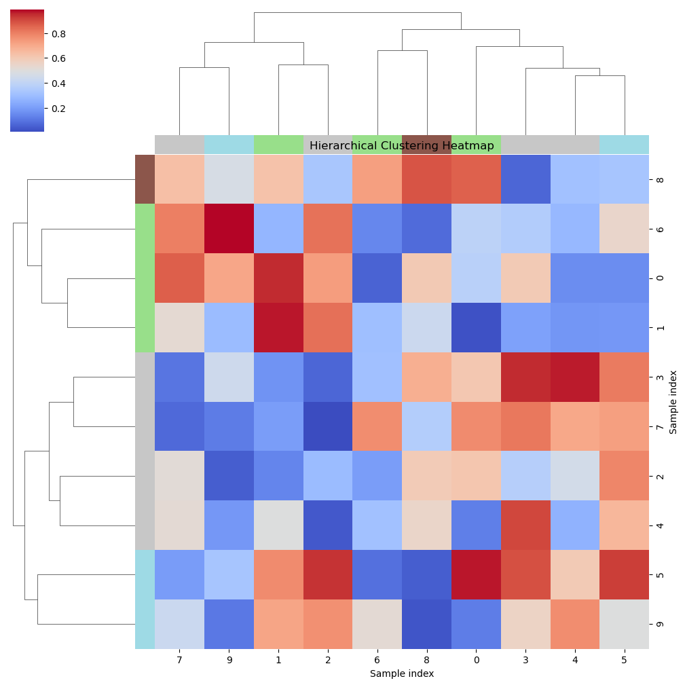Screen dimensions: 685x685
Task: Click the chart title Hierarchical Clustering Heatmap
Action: click(x=401, y=146)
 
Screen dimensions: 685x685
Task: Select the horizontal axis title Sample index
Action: click(x=401, y=673)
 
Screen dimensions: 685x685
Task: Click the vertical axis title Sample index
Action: click(x=673, y=401)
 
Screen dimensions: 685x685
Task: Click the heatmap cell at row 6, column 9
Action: click(x=229, y=229)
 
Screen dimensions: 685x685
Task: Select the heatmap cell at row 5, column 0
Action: click(x=476, y=574)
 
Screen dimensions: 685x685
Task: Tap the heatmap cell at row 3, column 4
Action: click(x=574, y=377)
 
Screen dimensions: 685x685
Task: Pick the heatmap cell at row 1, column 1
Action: click(x=278, y=327)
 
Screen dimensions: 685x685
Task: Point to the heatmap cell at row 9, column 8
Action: click(x=426, y=624)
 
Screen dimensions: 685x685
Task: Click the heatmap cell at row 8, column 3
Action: click(x=525, y=179)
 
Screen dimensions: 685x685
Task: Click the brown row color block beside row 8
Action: click(x=145, y=179)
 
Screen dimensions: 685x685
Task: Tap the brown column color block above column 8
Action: click(x=426, y=145)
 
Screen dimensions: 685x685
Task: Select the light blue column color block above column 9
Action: click(x=229, y=145)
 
